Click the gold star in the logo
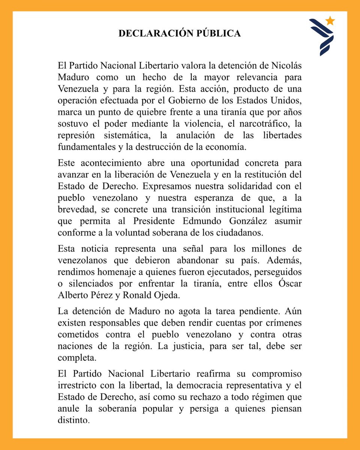click(x=330, y=21)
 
